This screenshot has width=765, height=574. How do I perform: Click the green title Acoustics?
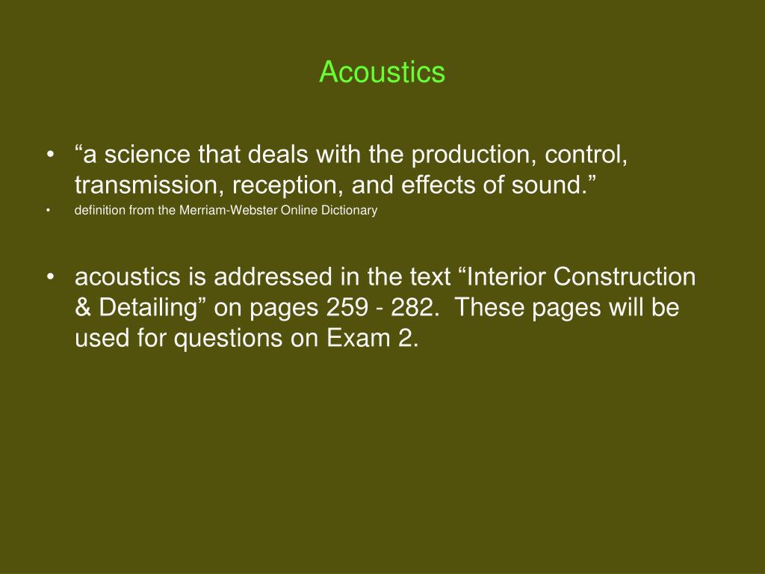coord(382,72)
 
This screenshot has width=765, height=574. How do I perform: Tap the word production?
coord(474,155)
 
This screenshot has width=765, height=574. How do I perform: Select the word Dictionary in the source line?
coord(350,210)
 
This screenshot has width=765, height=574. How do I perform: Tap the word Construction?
coord(625,277)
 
